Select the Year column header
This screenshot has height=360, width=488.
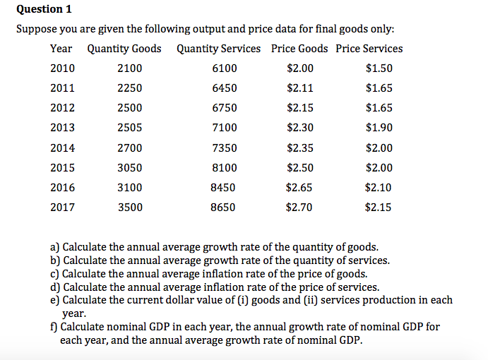[x=61, y=49]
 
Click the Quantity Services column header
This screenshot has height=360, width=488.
[x=218, y=49]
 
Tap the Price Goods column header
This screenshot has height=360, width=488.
[x=299, y=49]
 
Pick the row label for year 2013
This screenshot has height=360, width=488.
[x=62, y=128]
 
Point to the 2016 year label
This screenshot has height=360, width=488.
[x=62, y=188]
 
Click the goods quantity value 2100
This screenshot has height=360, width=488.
[x=129, y=68]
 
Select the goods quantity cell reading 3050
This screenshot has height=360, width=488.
[x=129, y=168]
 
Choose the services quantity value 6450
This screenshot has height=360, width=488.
[x=224, y=88]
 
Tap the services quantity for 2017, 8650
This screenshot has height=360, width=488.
[x=224, y=208]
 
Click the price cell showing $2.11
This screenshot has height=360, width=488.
[x=300, y=88]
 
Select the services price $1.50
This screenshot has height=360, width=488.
[x=379, y=68]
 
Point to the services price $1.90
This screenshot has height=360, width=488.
[x=379, y=128]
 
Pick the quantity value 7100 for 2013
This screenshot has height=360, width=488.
[x=224, y=128]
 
